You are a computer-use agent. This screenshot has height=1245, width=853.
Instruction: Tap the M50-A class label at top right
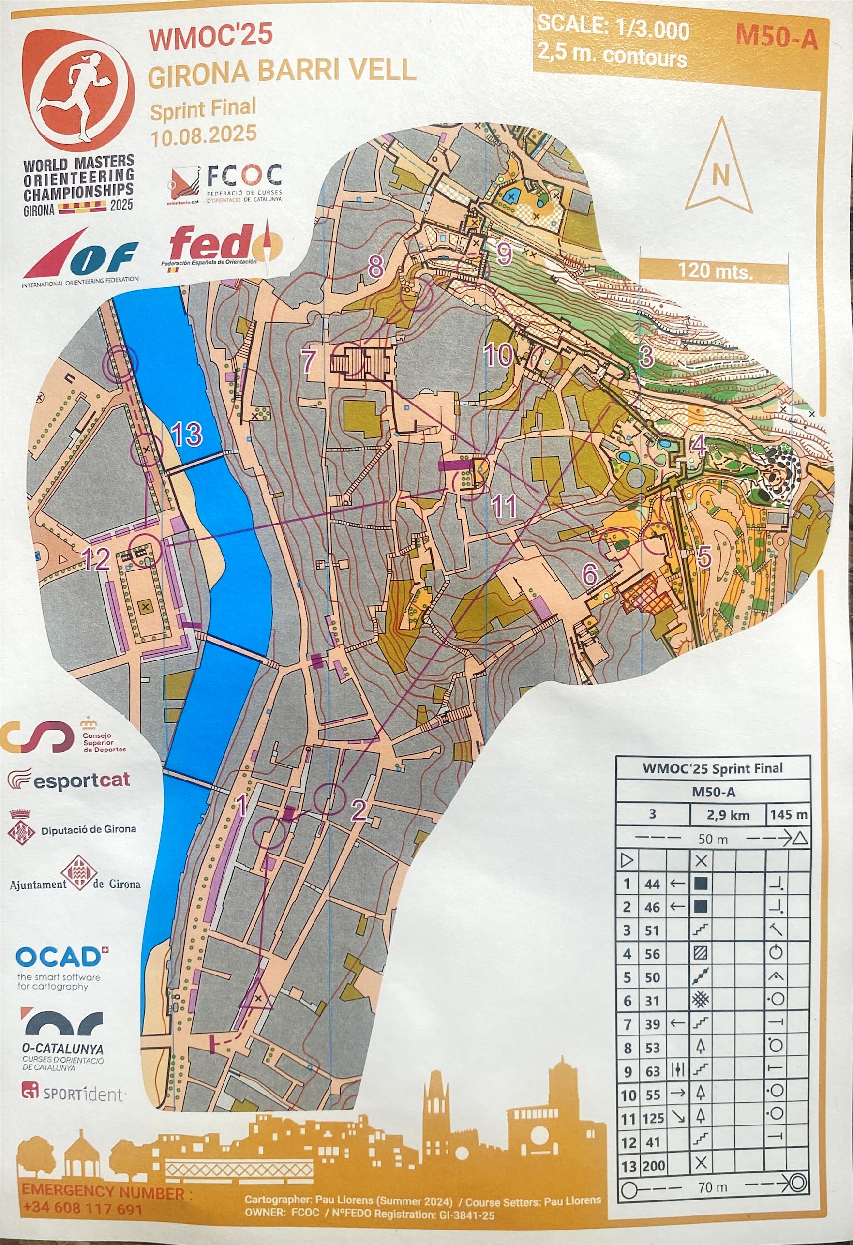point(777,37)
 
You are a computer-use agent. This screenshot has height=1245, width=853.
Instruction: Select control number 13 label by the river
point(186,434)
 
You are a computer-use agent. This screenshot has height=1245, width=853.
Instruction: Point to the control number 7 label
point(309,361)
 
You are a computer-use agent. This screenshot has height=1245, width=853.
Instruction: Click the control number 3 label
point(647,356)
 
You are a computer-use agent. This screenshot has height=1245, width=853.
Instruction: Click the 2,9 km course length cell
point(727,815)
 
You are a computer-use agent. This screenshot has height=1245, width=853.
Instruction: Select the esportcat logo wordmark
point(81,780)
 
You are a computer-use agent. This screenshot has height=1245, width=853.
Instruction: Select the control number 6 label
point(589,575)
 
